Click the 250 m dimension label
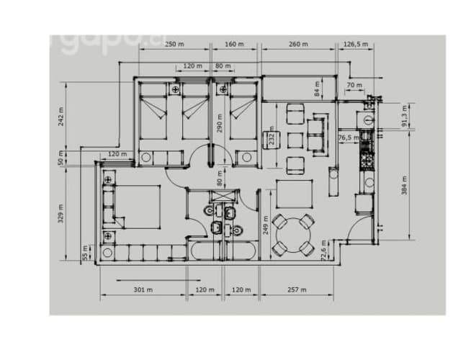pos(173,44)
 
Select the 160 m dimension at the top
pos(235,44)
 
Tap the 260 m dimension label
pos(299,44)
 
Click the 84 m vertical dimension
pos(316,89)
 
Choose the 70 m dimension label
pos(354,85)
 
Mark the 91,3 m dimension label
pos(404,115)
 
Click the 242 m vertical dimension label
pos(61,117)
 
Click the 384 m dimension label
pos(404,186)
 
